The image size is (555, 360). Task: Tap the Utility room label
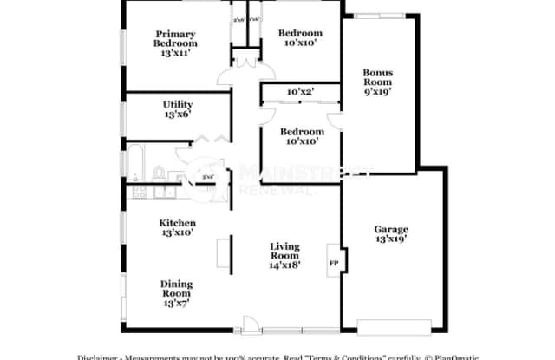tap(176, 103)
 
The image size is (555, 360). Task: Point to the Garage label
tap(391, 229)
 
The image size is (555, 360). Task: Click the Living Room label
tap(284, 252)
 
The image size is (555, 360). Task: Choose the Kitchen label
tap(176, 223)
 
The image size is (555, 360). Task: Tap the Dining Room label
tap(176, 290)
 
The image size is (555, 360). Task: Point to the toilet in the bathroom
tap(162, 169)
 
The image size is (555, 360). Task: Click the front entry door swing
tap(251, 326)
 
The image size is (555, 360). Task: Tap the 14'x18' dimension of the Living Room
tap(284, 265)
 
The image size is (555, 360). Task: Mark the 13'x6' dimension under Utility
tap(176, 113)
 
